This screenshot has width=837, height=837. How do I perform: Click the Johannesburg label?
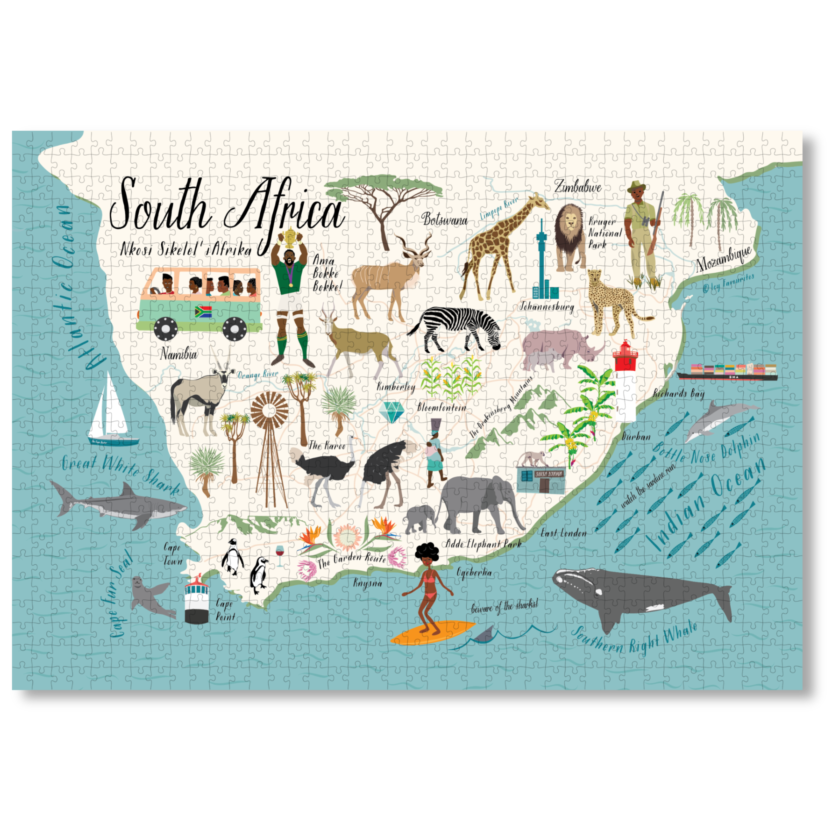click(547, 307)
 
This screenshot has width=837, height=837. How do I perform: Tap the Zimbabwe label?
click(578, 187)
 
